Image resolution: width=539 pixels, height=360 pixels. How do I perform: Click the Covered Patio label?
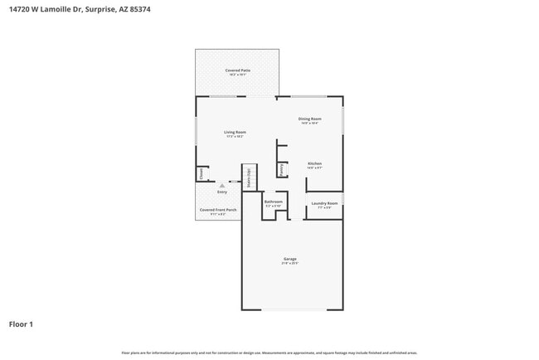[237, 71]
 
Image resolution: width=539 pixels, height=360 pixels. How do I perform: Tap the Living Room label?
[235, 132]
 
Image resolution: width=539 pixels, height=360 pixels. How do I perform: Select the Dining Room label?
[310, 119]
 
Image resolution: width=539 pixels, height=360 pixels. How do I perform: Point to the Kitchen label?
[314, 163]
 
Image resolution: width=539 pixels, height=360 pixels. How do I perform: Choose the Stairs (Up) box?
[247, 179]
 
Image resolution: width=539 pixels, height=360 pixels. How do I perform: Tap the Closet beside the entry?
[201, 173]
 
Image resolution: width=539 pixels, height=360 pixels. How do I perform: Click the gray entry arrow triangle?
[221, 186]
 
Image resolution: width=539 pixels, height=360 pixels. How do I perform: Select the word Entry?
[222, 192]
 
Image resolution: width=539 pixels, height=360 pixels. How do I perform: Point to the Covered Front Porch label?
[218, 210]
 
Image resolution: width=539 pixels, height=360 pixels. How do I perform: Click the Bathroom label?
[274, 202]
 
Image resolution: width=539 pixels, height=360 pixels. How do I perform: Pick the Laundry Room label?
[324, 203]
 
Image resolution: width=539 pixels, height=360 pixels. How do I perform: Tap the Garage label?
[289, 259]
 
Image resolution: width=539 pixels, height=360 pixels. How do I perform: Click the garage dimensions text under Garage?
[289, 264]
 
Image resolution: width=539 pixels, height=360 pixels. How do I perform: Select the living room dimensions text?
[235, 137]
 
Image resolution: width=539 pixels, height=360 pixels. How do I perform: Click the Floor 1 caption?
[22, 324]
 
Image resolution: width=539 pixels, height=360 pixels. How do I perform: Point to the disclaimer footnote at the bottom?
[269, 352]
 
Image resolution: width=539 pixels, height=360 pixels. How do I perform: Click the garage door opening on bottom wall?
[290, 310]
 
